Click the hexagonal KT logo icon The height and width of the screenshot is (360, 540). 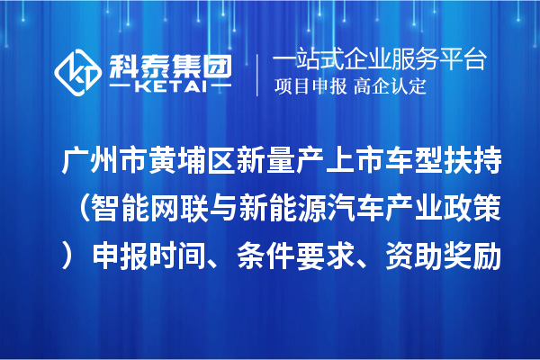tap(78, 69)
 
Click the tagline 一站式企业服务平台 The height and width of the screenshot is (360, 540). tap(380, 60)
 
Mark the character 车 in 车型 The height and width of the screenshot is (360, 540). tap(411, 165)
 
